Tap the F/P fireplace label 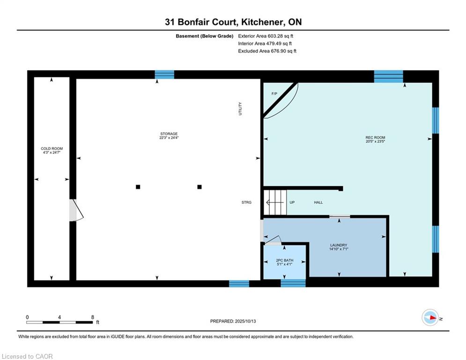[x=274, y=94]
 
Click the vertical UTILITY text [x=240, y=109]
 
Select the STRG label [x=246, y=202]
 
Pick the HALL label [x=318, y=202]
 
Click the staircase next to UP [x=275, y=202]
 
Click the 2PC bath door [x=273, y=240]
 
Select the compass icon [x=430, y=317]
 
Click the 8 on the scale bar [x=93, y=317]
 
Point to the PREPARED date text [x=233, y=321]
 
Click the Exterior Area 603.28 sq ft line [x=266, y=36]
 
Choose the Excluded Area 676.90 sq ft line [x=267, y=51]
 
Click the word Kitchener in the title [x=261, y=22]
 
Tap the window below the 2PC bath [x=293, y=283]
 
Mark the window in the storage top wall [x=164, y=75]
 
